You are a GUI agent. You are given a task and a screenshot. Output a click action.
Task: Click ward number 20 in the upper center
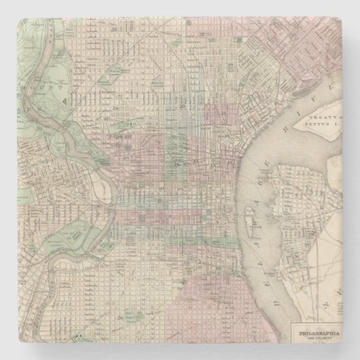coord(182,107)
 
